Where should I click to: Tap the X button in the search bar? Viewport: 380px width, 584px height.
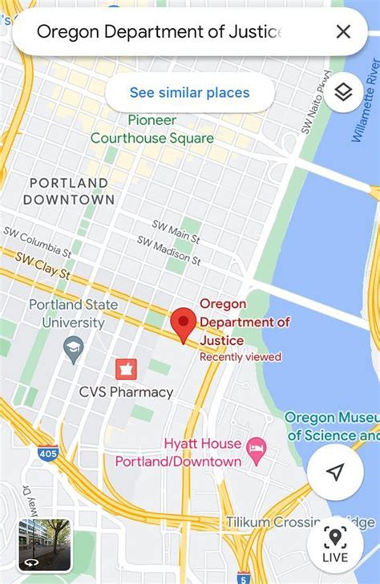coord(343,32)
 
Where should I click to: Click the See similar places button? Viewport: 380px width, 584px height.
coord(189,93)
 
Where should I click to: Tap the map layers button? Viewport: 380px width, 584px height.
coord(343,93)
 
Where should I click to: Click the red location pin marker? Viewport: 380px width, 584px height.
coord(185,325)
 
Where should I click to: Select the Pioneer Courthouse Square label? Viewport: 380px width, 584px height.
coord(152,129)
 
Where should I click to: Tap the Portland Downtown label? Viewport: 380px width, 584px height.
coord(69,191)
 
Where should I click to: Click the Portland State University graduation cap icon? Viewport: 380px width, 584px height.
coord(74,349)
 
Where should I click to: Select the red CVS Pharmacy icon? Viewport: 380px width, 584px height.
coord(126,369)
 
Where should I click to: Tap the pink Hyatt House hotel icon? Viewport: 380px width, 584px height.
coord(257,447)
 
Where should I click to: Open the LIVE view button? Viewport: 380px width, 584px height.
coord(335,543)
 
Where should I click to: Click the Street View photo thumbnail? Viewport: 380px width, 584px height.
coord(44,542)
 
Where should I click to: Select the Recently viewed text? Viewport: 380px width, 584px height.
coord(241,357)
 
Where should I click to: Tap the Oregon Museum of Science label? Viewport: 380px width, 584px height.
coord(332,427)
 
